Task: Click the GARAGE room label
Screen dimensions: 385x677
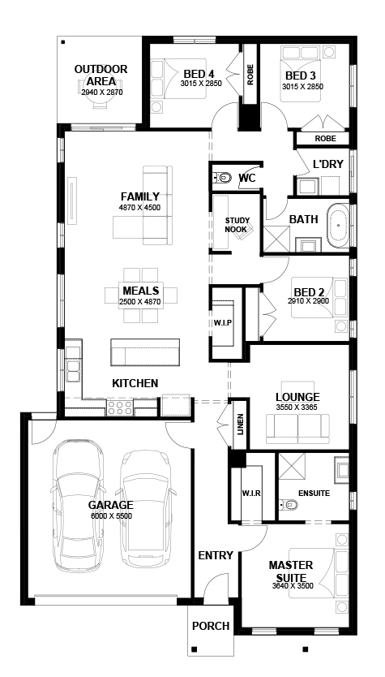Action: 111,505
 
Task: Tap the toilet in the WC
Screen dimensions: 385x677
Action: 222,178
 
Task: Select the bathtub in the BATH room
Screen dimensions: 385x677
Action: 339,225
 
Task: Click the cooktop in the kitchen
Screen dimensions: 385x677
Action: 120,407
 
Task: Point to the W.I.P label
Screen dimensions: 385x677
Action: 224,322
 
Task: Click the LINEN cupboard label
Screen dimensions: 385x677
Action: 241,425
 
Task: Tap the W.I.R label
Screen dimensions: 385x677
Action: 251,493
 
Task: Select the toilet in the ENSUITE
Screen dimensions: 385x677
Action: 289,504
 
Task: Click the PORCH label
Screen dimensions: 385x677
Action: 211,626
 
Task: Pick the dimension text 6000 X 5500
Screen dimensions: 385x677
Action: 111,516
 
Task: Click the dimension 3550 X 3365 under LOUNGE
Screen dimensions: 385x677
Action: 297,407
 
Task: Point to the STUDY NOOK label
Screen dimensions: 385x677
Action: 236,225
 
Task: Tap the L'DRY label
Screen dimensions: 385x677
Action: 328,164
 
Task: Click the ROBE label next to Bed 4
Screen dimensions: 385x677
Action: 250,74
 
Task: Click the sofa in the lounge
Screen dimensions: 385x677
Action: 297,429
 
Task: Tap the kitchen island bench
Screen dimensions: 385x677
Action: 145,352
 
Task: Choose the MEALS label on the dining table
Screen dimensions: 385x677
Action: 140,290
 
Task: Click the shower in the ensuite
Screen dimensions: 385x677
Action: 292,466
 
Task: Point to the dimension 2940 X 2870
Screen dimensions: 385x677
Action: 102,92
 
